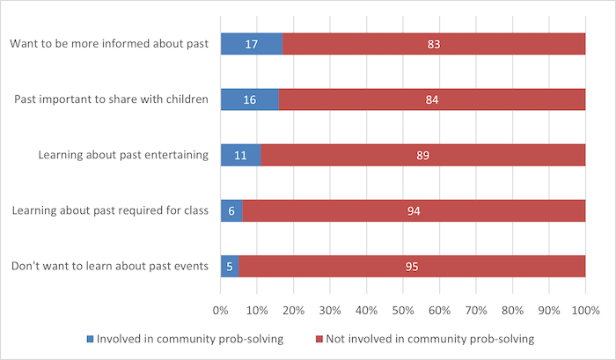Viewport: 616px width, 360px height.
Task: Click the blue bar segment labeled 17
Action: point(251,44)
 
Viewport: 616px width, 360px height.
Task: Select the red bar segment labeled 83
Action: point(433,44)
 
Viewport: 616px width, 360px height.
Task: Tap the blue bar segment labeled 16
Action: point(249,99)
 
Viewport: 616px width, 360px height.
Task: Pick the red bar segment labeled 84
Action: point(431,99)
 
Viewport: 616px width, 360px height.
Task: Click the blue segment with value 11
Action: point(240,155)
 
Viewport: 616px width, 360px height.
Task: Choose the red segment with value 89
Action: point(422,155)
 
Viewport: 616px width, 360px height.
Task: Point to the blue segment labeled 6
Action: point(231,210)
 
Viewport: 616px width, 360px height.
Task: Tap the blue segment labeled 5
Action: point(230,266)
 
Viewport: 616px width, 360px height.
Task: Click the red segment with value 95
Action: point(412,266)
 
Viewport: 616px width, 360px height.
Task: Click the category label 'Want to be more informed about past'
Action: point(108,44)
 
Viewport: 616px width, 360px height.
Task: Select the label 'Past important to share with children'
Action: point(111,99)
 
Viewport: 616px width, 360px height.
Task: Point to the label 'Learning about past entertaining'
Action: point(123,155)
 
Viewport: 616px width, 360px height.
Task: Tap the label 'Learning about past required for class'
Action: point(109,210)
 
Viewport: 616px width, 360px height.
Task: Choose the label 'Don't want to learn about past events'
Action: point(108,266)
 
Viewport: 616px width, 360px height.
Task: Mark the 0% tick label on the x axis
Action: point(220,311)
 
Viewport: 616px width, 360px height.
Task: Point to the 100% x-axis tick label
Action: point(584,311)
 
